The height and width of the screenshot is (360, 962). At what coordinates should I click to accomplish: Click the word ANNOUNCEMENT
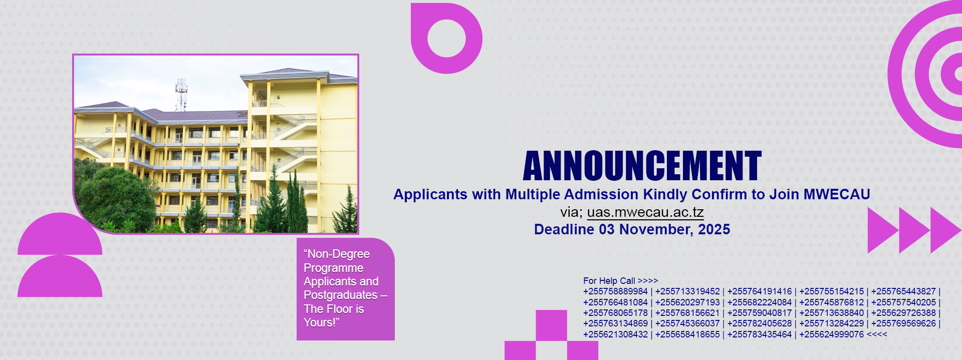642,166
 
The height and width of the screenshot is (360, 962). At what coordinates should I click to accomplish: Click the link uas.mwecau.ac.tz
645,212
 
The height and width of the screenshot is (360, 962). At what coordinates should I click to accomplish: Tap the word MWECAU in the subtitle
837,194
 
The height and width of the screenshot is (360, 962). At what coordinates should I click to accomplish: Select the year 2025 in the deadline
714,229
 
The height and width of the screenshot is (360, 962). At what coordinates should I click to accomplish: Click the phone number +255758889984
615,291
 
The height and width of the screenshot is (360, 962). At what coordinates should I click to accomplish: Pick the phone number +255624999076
831,334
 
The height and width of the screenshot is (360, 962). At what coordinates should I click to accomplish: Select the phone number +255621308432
615,334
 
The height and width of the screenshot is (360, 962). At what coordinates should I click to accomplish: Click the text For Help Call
609,281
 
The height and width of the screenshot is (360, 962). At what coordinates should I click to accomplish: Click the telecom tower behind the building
181,94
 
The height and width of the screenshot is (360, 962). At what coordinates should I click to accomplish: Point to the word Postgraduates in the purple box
341,295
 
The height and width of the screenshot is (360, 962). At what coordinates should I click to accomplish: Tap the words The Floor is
334,309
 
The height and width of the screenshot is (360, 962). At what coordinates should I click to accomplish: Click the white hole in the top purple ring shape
446,39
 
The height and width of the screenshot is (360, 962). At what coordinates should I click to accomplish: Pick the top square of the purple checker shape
551,325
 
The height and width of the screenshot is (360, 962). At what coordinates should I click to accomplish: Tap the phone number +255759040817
760,313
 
